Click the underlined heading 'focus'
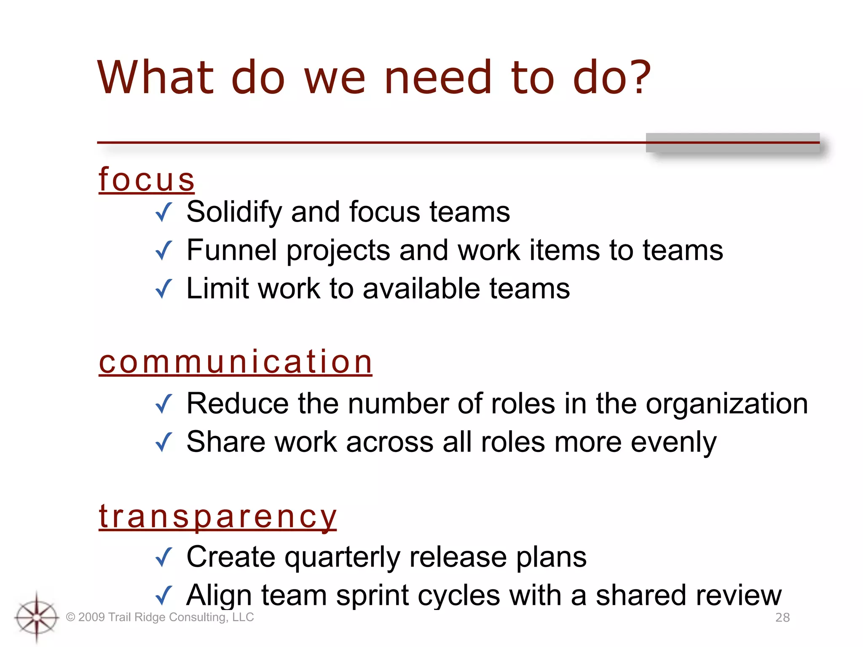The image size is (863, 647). coord(147,180)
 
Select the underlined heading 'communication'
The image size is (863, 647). coord(236,362)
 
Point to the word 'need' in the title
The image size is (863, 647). coord(438,78)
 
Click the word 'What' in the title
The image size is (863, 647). coord(155,78)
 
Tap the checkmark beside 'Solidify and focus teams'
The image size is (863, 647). coord(164,212)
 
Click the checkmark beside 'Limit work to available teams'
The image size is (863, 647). coord(164,289)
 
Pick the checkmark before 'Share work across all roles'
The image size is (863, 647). coord(164,442)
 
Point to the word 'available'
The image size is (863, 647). coord(421,289)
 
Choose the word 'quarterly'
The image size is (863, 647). coord(342,558)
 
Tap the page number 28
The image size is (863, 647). coord(783,618)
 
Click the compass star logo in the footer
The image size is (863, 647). coord(37,618)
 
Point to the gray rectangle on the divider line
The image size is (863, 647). coord(732,143)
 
